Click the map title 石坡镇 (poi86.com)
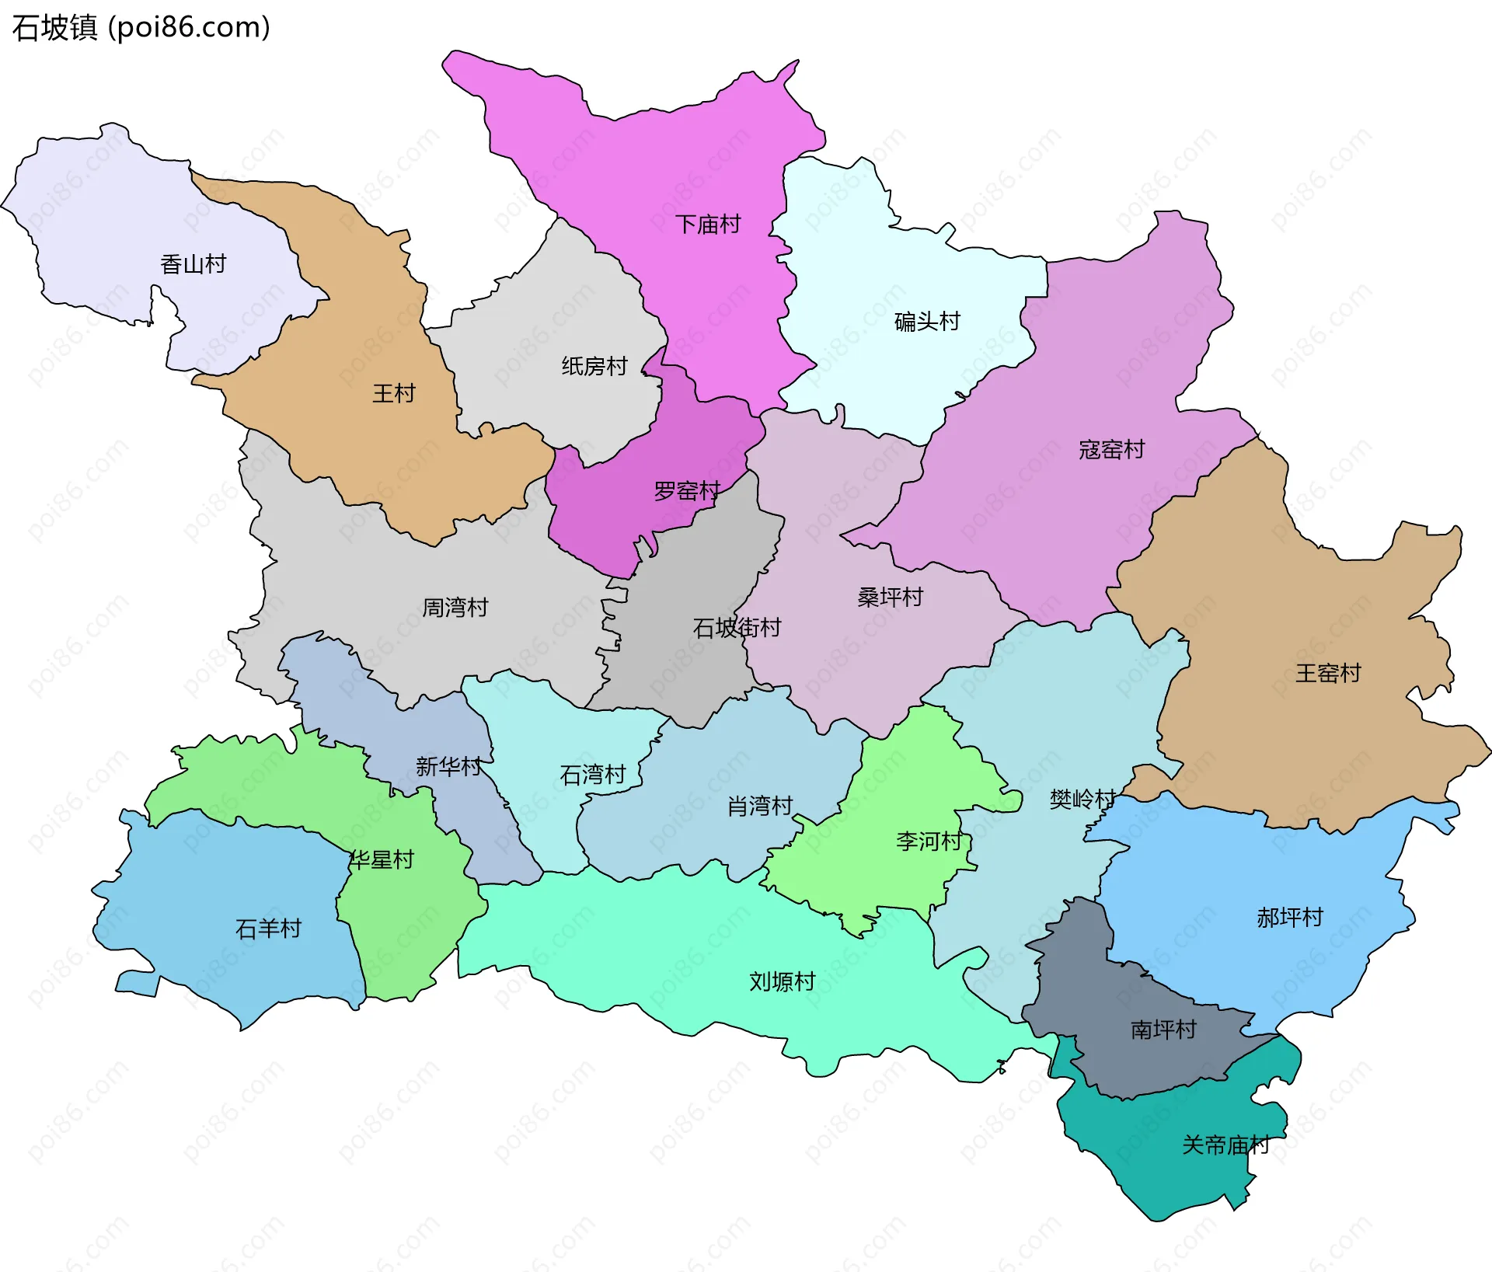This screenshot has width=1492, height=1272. tap(141, 27)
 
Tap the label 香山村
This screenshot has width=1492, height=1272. tap(193, 265)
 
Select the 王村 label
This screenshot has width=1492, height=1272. tap(394, 394)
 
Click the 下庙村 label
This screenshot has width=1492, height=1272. tap(708, 225)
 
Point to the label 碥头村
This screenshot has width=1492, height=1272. tap(927, 322)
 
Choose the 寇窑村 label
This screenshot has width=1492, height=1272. tap(1111, 450)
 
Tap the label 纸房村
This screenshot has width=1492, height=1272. tap(594, 366)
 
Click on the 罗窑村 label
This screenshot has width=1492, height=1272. tap(687, 491)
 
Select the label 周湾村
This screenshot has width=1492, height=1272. tap(455, 608)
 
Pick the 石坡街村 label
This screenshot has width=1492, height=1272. tap(737, 628)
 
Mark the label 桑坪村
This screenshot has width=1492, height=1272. tap(890, 598)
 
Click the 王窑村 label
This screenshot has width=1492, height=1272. tap(1328, 673)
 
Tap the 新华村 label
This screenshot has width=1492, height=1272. tap(448, 767)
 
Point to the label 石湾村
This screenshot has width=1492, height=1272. tap(593, 775)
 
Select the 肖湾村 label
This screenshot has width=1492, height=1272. tap(759, 807)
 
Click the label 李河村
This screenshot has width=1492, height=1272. tap(929, 842)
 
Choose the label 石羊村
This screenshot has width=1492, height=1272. tap(268, 929)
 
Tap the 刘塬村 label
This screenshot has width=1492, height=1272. tap(782, 982)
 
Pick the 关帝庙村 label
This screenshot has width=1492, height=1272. tap(1225, 1145)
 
